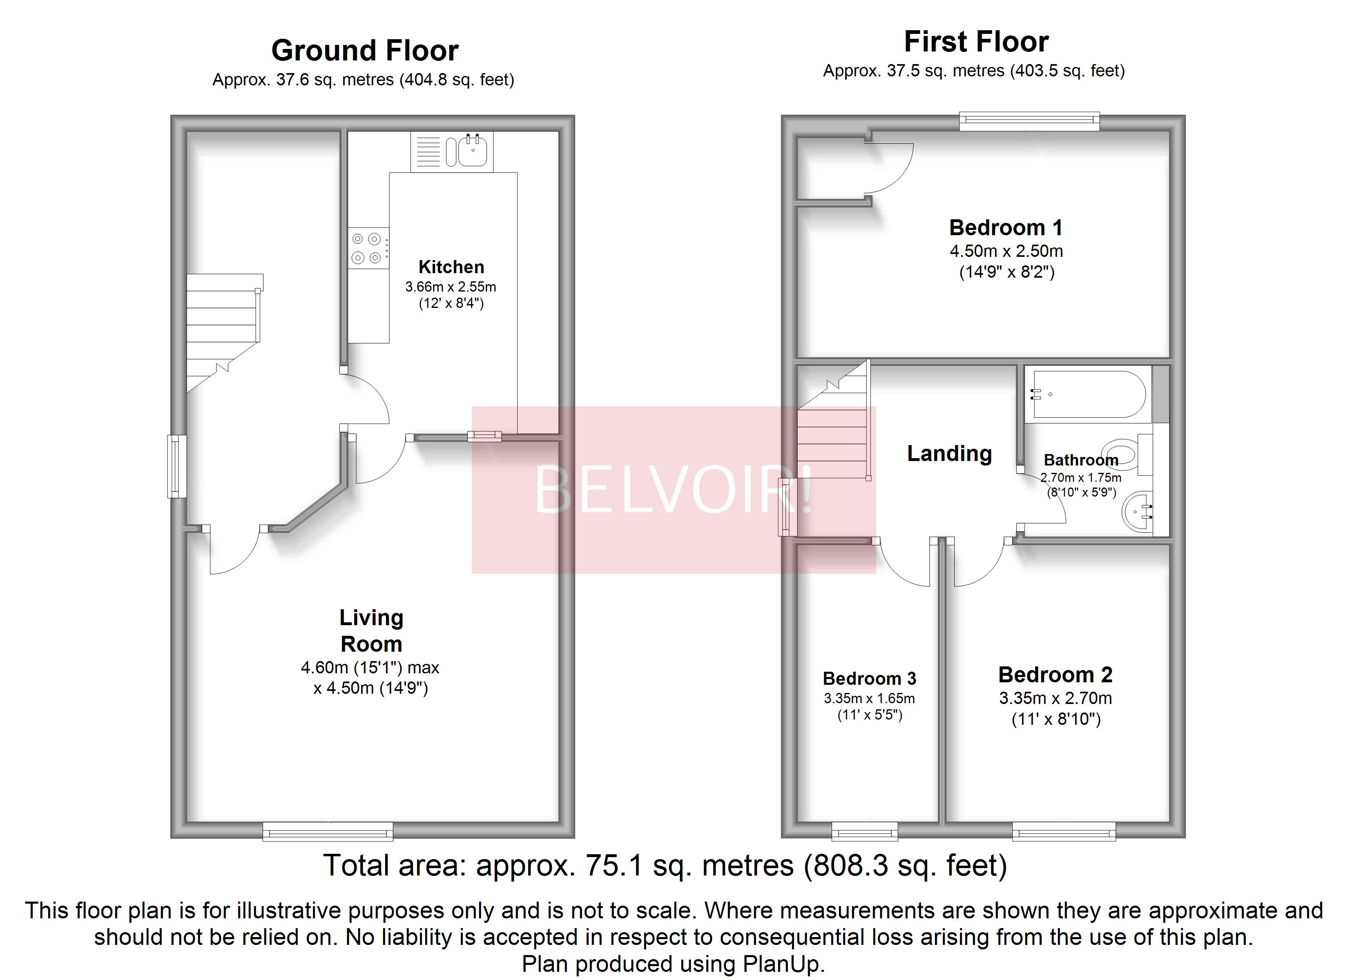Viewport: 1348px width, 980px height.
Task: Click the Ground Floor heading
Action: pos(364,51)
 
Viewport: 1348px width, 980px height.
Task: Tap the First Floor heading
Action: pos(976,42)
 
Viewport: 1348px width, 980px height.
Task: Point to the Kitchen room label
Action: pos(451,267)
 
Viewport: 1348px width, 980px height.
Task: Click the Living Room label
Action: pos(371,630)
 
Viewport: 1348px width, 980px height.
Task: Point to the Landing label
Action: pos(949,453)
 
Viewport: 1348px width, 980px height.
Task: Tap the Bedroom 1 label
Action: pos(1006,227)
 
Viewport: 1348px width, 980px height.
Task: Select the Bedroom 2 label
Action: pos(1055,675)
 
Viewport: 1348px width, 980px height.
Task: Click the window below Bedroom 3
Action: pos(864,831)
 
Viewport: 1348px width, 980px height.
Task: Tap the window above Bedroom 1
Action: pos(1029,121)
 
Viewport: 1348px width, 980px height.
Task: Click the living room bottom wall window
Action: pos(328,831)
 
